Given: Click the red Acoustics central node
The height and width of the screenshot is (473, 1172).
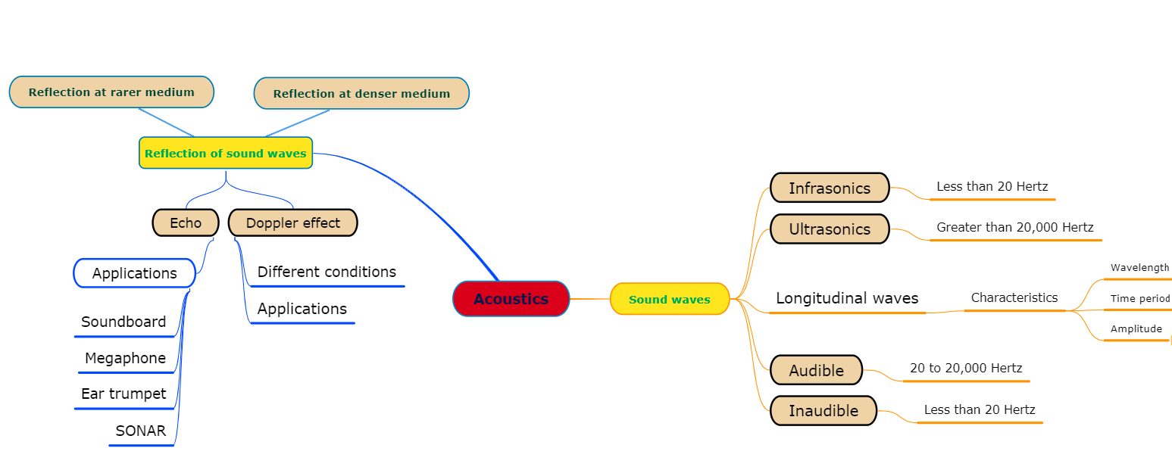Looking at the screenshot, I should point(511,299).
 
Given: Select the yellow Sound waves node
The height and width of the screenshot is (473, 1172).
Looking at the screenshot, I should point(670,299).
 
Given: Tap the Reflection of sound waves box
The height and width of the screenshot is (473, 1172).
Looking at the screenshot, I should point(226,153).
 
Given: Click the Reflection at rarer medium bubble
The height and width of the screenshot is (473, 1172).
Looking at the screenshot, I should point(111,92).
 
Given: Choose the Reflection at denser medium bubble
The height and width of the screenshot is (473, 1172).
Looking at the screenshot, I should point(361,94).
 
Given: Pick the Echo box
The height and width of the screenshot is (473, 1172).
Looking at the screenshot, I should point(186,222).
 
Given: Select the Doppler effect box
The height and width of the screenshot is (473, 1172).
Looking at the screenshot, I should point(293,222).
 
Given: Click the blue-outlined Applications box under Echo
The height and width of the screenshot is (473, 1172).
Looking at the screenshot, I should point(134,273).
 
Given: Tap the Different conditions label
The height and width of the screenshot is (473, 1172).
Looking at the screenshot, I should point(327,272).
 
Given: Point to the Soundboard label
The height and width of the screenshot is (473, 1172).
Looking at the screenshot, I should point(123,322).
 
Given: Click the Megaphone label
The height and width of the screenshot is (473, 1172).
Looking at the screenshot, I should point(125,358).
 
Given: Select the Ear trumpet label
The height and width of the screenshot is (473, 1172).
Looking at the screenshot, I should point(123,394).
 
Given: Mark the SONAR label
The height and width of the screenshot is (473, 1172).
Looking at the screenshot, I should point(140,431).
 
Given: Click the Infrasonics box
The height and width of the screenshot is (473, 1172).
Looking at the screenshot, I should point(830,188).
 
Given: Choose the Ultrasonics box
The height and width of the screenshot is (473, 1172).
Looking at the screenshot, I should point(830,229).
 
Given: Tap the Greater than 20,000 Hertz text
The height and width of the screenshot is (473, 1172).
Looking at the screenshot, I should point(1014,227).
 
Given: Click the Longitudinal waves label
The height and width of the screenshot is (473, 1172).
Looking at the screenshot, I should point(847,298).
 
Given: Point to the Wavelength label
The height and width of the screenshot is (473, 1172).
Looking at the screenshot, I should point(1139,268).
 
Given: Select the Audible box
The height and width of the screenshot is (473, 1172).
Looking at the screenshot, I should point(816,370).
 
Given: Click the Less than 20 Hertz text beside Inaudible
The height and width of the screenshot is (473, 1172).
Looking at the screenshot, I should point(979,409).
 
